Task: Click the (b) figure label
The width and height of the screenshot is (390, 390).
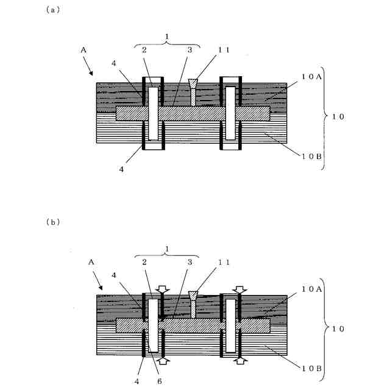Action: [52, 222]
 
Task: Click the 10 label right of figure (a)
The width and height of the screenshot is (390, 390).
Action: [339, 115]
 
